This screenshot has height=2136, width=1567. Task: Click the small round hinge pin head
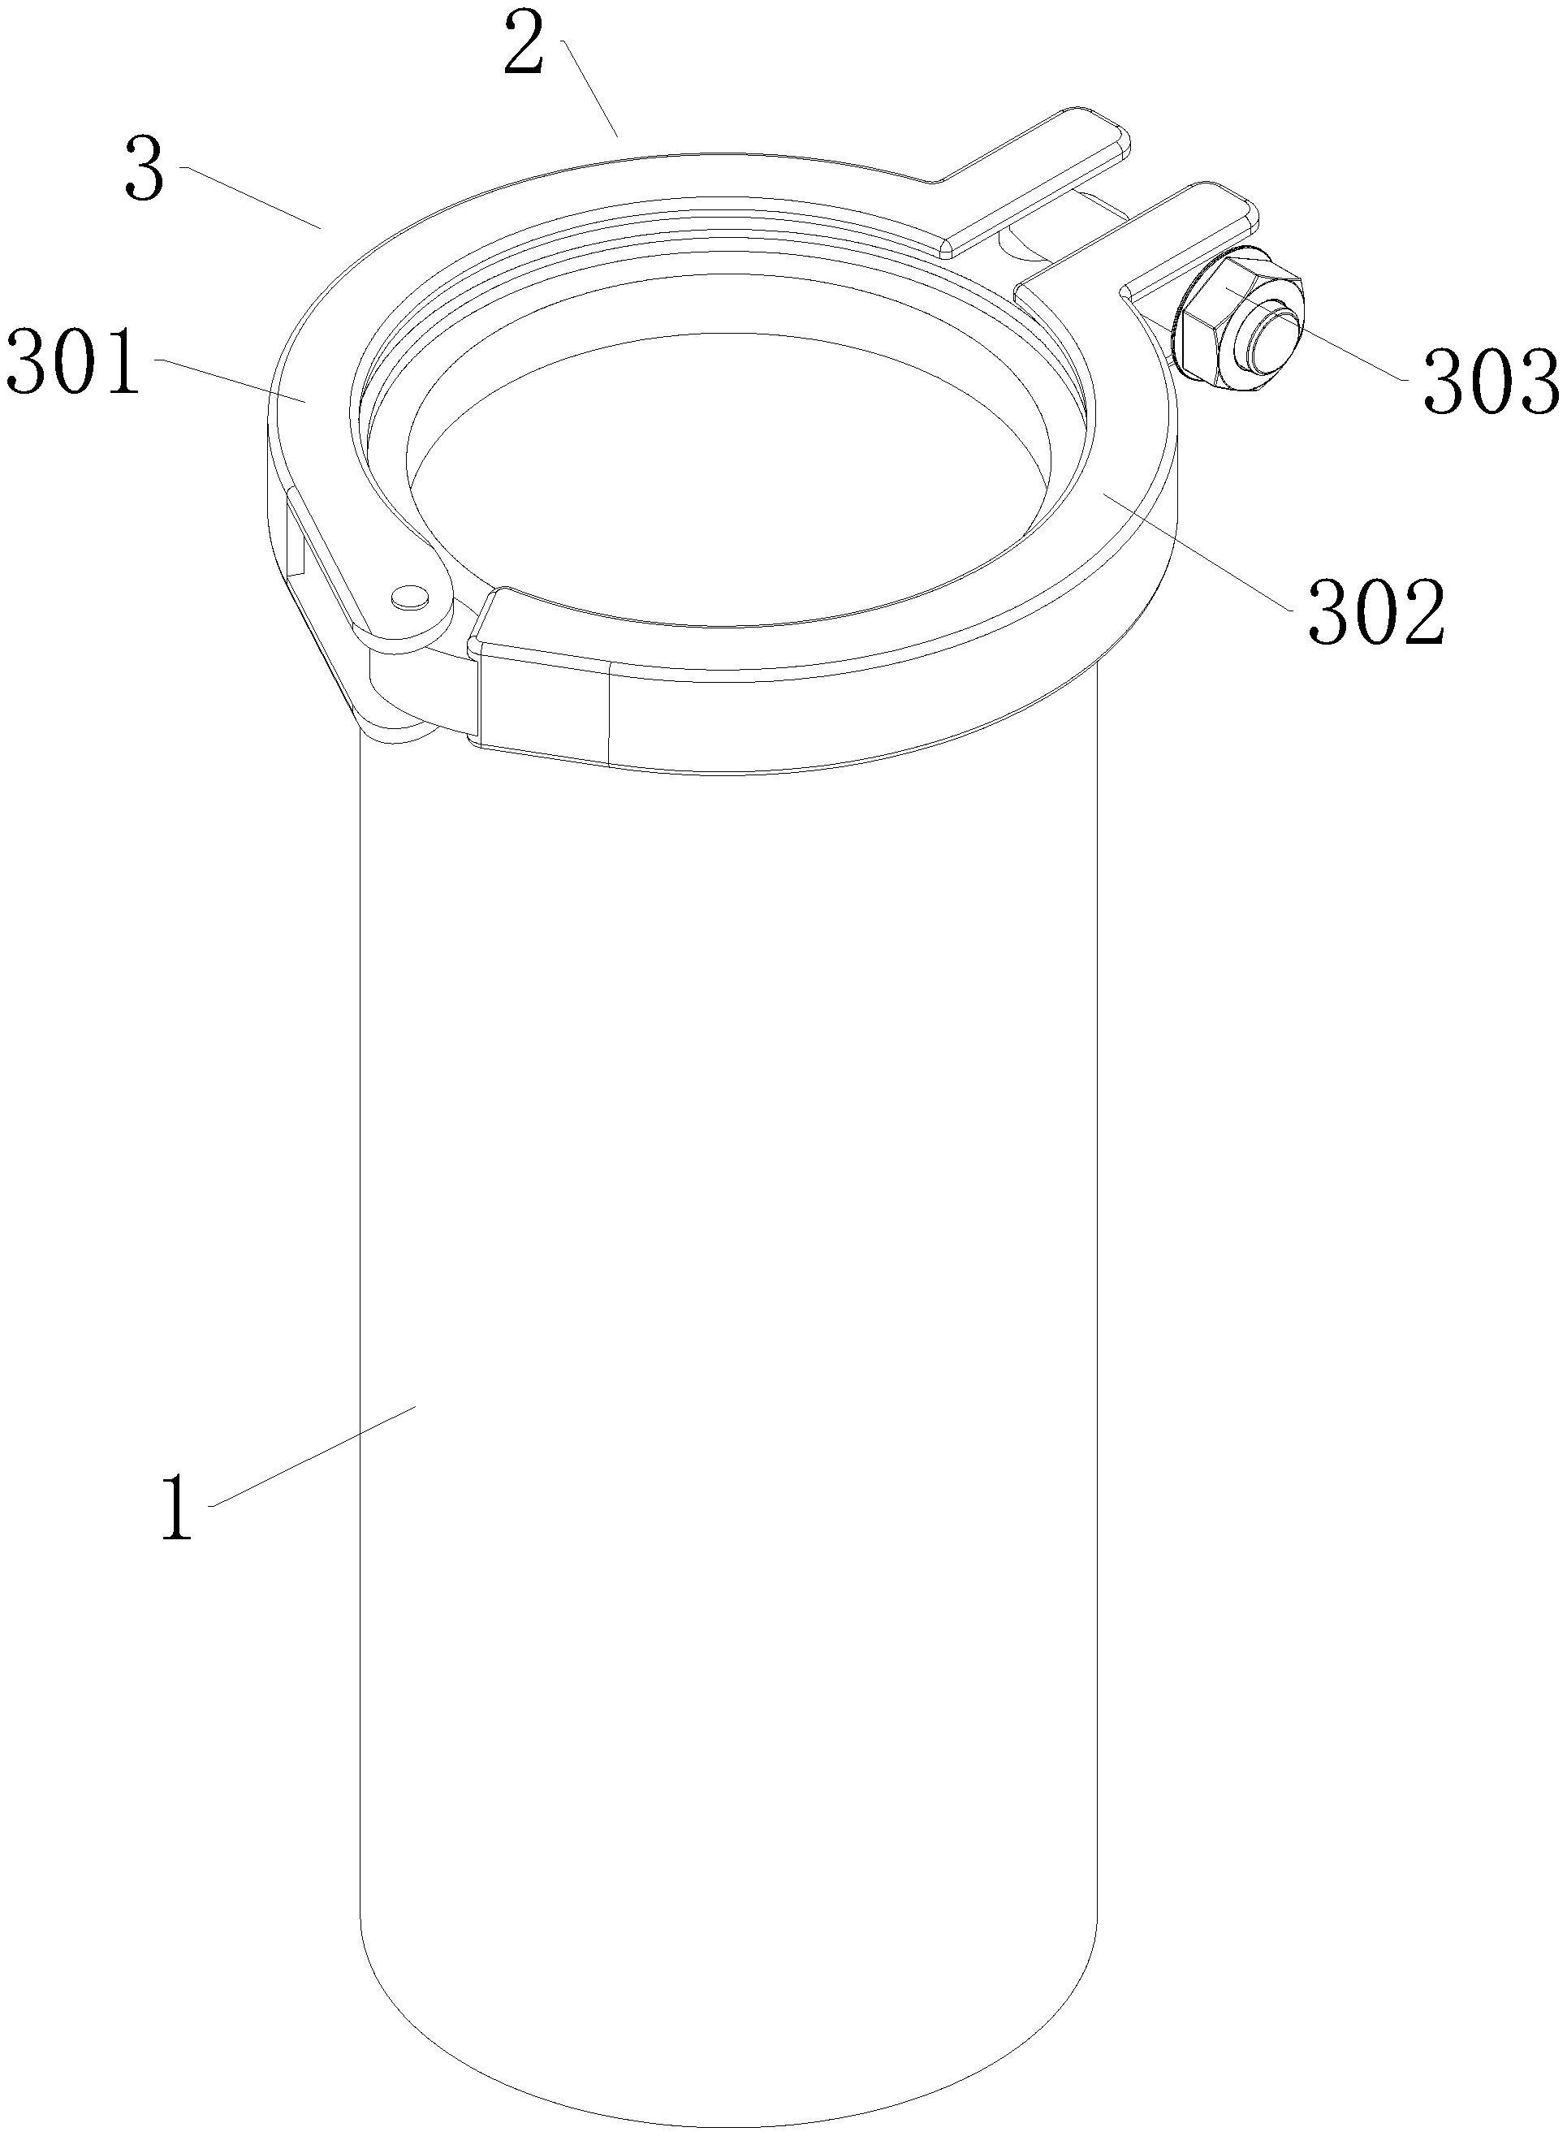coord(411,595)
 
